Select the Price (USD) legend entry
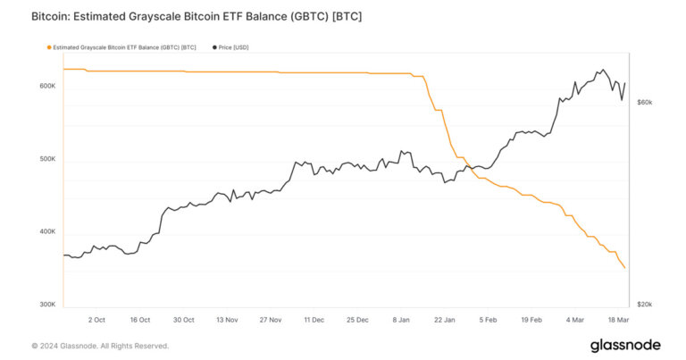click(x=237, y=47)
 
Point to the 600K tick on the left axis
click(x=46, y=87)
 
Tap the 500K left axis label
click(x=46, y=160)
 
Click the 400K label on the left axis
click(x=46, y=233)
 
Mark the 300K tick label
click(x=46, y=306)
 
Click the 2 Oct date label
click(x=96, y=319)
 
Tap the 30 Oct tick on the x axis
click(x=183, y=319)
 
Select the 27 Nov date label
click(x=270, y=319)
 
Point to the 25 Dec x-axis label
click(x=356, y=319)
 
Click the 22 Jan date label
click(x=444, y=319)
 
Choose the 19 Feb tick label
click(x=531, y=319)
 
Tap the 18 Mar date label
click(x=617, y=319)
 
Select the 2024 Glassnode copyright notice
click(x=100, y=346)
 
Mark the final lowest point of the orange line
click(x=624, y=268)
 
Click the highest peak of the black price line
click(x=602, y=70)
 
